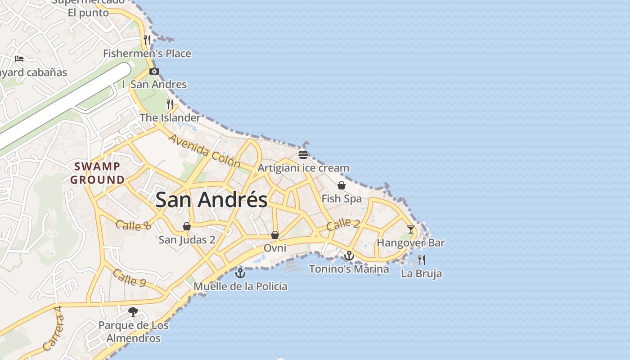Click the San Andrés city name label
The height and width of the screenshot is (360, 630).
pyautogui.click(x=211, y=200)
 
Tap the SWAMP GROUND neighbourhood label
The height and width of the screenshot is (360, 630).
pyautogui.click(x=97, y=173)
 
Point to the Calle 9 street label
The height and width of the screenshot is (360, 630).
pyautogui.click(x=129, y=278)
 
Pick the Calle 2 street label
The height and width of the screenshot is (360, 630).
pyautogui.click(x=343, y=224)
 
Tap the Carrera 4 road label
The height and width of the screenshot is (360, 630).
pyautogui.click(x=53, y=328)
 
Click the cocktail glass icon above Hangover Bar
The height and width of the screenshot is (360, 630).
pyautogui.click(x=411, y=229)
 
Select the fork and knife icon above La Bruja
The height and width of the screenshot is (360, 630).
pyautogui.click(x=422, y=260)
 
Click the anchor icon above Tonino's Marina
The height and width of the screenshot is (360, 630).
pyautogui.click(x=349, y=256)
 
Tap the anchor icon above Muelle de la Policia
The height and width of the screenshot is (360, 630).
pyautogui.click(x=241, y=273)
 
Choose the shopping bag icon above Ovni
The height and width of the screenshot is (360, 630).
pyautogui.click(x=275, y=235)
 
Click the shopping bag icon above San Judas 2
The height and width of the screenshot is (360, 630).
pyautogui.click(x=187, y=226)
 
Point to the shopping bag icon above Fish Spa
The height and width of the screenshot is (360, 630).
pyautogui.click(x=342, y=185)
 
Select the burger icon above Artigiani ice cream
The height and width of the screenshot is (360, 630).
pyautogui.click(x=303, y=155)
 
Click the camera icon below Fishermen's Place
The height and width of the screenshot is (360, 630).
pyautogui.click(x=154, y=71)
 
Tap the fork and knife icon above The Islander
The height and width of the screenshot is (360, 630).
pyautogui.click(x=170, y=104)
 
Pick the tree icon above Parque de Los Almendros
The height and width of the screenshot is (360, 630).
pyautogui.click(x=133, y=311)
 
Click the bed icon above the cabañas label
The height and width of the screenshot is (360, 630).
pyautogui.click(x=19, y=58)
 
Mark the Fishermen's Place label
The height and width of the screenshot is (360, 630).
pyautogui.click(x=147, y=54)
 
